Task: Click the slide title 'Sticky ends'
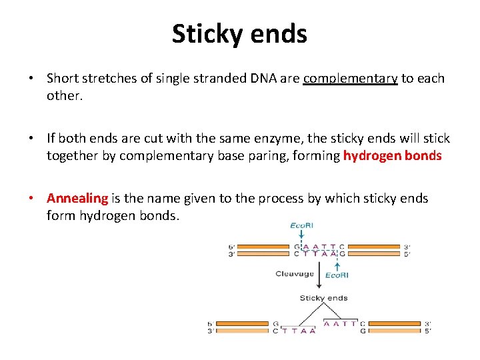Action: point(239,33)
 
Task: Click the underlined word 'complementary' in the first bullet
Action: point(350,79)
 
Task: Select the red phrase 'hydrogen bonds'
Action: point(393,156)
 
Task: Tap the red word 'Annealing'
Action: point(77,198)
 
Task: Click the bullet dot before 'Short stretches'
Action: point(31,79)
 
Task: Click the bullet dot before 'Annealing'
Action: point(31,199)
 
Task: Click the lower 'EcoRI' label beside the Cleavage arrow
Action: point(337,275)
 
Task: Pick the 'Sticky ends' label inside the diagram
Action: point(323,298)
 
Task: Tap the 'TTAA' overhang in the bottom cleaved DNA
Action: point(297,330)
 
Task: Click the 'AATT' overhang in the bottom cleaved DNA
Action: point(340,323)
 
